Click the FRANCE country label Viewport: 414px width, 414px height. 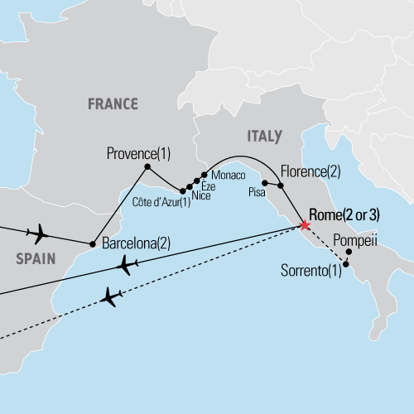point(113,103)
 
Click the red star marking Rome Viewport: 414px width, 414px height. point(305,225)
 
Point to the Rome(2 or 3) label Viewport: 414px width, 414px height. point(344,214)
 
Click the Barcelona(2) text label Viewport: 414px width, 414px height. point(136,244)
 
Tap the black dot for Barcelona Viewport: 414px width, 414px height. point(92,243)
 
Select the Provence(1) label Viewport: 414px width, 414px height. point(138,153)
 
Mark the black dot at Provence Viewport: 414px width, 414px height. point(147,167)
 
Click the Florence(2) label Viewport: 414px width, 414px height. point(310,172)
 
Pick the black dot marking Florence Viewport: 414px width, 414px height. point(281,186)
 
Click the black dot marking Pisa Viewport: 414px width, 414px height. point(264,182)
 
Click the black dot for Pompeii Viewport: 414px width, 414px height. point(349,252)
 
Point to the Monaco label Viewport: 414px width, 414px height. point(229,176)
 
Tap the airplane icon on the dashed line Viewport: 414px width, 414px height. point(112,296)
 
